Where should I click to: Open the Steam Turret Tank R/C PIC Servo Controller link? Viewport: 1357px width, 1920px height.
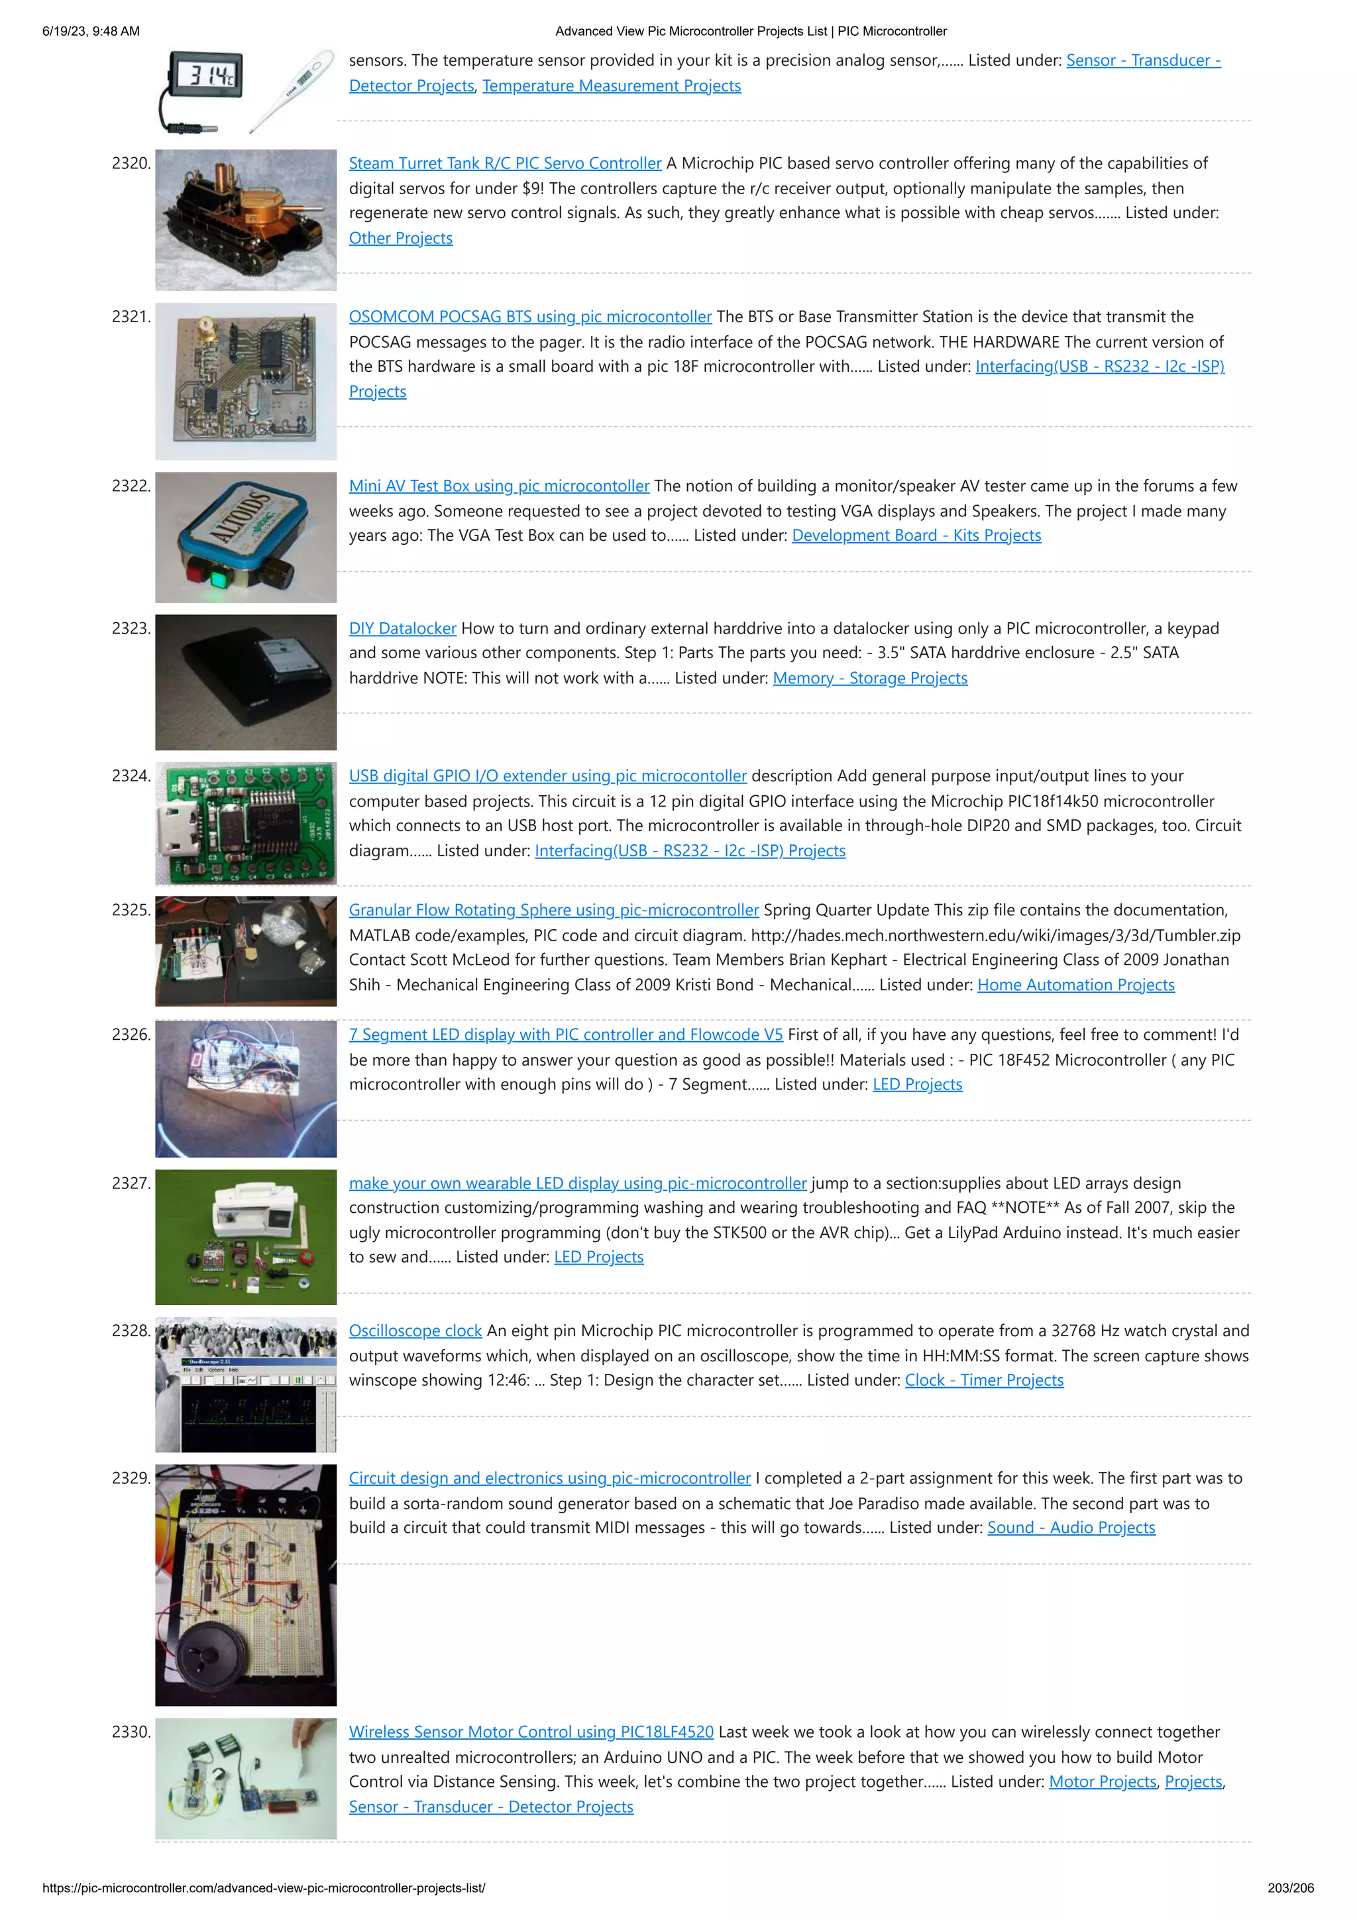505,164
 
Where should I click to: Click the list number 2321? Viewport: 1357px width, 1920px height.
131,317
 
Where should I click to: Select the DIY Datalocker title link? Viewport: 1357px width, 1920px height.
402,629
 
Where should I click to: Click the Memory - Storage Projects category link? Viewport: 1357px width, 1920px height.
869,678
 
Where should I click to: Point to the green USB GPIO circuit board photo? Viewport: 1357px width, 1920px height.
246,824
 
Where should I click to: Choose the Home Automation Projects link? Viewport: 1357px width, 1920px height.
1075,985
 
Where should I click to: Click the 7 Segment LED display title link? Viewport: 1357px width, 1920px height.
565,1035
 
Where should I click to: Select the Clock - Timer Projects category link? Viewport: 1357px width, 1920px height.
983,1381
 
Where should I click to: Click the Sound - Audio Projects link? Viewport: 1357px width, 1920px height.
1070,1528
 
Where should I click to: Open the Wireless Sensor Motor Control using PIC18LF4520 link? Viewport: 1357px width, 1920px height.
531,1732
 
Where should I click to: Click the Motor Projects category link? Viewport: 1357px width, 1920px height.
1102,1782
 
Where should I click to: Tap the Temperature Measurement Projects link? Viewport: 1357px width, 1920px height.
611,86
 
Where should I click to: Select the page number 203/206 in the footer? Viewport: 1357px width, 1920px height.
1289,1888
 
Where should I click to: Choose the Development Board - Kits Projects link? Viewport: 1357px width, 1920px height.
916,536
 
